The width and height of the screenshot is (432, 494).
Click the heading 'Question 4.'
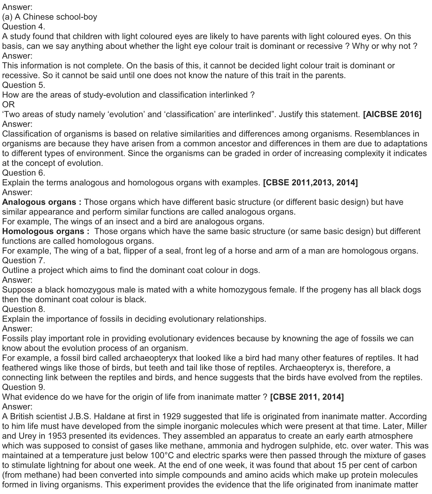tap(24, 27)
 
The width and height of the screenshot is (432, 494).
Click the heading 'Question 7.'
tap(24, 261)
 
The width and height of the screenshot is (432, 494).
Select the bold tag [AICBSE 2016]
tap(392, 114)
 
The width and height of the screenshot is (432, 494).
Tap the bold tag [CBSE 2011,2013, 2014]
tap(310, 183)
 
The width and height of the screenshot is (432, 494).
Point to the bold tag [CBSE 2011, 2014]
tap(307, 397)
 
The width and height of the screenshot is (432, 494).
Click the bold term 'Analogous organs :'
tap(42, 202)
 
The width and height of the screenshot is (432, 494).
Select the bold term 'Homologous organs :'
tap(46, 231)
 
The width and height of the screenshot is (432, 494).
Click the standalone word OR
tap(8, 104)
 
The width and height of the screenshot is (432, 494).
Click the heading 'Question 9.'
tap(24, 387)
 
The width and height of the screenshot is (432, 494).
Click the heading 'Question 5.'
tap(24, 85)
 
